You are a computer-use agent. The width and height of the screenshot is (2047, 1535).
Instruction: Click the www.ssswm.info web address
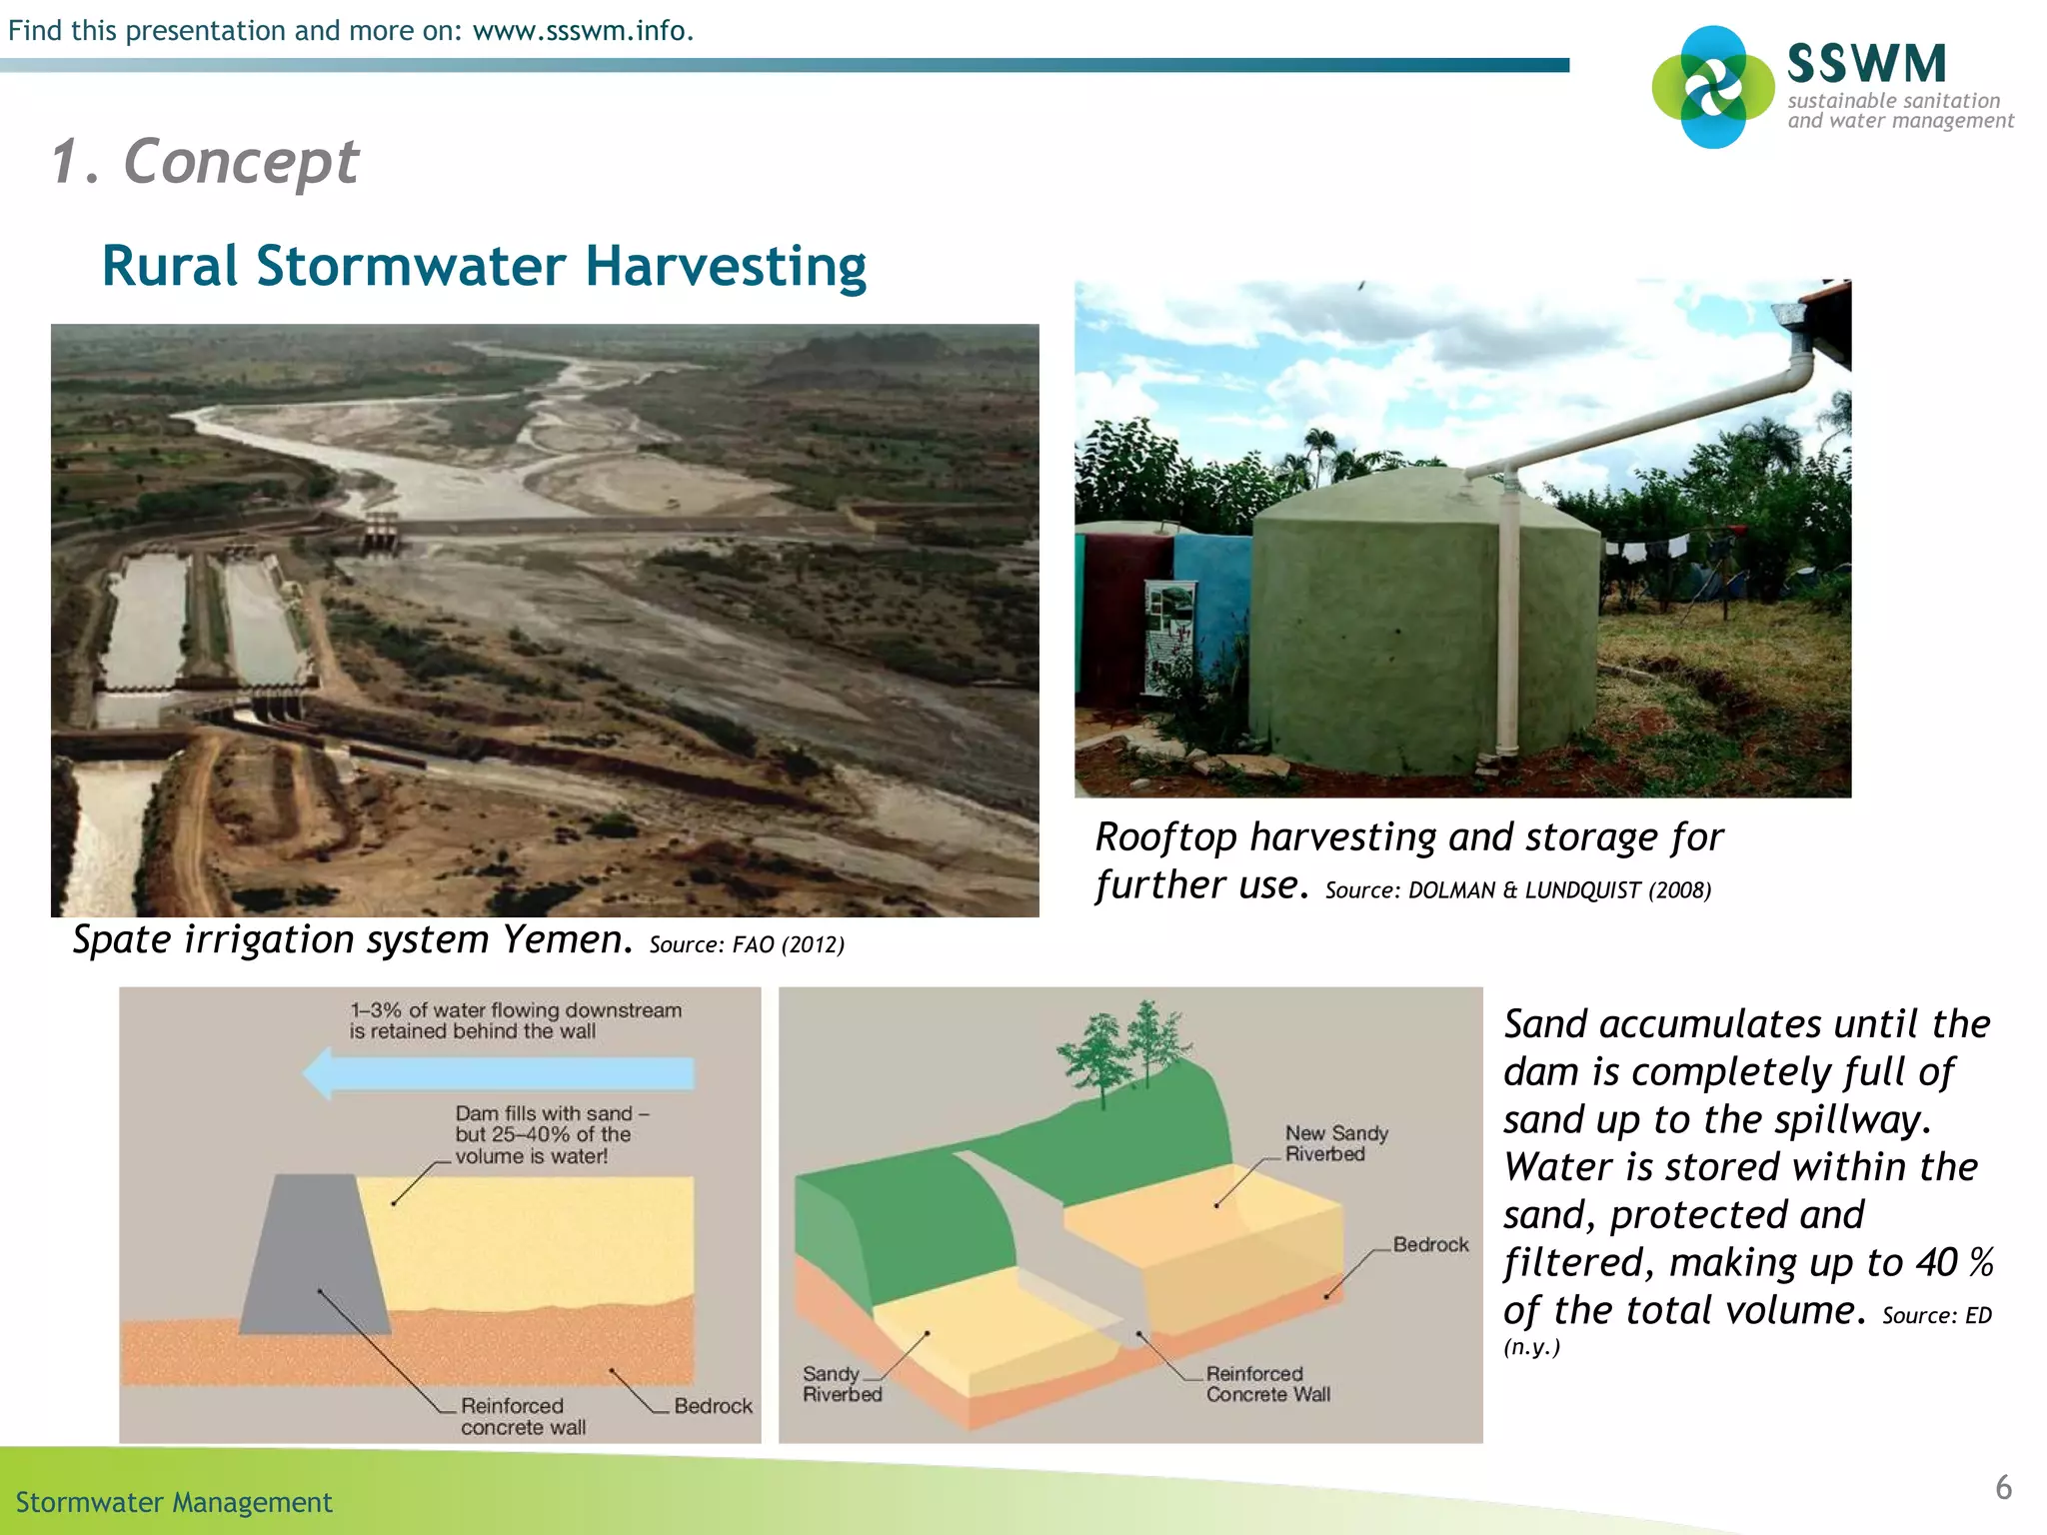pos(582,31)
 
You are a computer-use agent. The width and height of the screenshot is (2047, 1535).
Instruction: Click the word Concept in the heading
pos(241,161)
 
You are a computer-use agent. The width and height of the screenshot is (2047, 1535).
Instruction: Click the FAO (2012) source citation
pos(788,944)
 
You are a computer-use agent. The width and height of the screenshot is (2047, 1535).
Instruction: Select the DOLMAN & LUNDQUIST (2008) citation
pos(1559,890)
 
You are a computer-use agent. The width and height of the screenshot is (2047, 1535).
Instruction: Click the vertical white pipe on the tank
pos(1507,620)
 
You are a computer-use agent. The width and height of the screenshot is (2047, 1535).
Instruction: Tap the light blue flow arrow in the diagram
pos(500,1074)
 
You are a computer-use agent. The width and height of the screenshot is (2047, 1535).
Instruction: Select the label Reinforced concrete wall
pos(522,1416)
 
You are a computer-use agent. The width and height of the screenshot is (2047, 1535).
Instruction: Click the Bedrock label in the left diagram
pos(713,1406)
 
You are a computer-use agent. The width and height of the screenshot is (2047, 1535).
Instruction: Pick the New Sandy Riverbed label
pos(1335,1143)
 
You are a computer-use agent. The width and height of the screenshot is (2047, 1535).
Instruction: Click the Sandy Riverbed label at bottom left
pos(842,1384)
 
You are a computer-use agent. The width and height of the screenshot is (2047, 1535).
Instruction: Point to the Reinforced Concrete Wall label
pos(1267,1384)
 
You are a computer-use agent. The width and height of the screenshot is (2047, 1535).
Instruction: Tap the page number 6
pos(2003,1488)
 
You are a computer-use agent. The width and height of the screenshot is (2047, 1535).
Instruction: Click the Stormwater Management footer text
pos(174,1502)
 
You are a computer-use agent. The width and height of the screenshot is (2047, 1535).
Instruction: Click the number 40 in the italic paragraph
pos(1938,1263)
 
